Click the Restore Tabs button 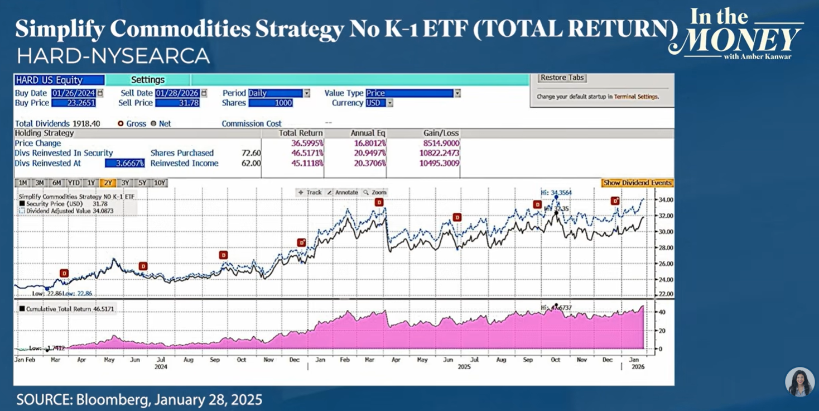[562, 78]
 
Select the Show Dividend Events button [637, 183]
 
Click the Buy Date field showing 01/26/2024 [74, 93]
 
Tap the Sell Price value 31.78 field [177, 103]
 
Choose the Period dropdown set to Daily [279, 93]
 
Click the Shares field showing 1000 [271, 103]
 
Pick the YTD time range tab [73, 183]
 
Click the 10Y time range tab [159, 183]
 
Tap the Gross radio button [121, 123]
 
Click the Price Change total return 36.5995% [307, 143]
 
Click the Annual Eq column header [368, 133]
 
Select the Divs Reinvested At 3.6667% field [125, 163]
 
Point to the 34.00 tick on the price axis [651, 200]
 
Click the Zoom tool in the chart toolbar [375, 192]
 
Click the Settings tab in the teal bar [148, 80]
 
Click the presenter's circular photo [799, 382]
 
